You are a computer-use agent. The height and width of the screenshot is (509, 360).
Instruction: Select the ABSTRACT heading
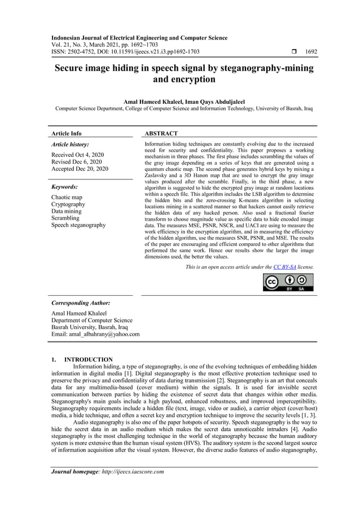click(161, 134)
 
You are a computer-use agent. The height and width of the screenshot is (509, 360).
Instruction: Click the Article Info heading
click(66, 134)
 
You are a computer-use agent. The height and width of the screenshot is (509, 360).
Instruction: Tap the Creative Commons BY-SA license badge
click(288, 282)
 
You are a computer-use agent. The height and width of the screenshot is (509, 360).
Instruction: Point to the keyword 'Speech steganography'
click(78, 225)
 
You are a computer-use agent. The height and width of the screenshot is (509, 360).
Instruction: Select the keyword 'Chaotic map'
click(67, 198)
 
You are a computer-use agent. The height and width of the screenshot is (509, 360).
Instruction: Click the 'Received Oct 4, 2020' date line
click(77, 155)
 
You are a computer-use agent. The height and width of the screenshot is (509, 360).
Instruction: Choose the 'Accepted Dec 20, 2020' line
click(80, 168)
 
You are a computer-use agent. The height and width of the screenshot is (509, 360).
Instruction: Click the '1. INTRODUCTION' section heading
click(82, 359)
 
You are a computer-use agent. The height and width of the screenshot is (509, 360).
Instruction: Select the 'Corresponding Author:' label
click(81, 303)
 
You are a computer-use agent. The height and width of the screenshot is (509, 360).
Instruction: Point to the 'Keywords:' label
click(64, 186)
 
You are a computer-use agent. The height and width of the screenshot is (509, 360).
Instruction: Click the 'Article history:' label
click(70, 144)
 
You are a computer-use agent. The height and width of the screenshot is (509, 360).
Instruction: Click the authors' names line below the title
click(179, 102)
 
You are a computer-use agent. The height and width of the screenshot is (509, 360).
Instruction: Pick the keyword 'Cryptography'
click(68, 204)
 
